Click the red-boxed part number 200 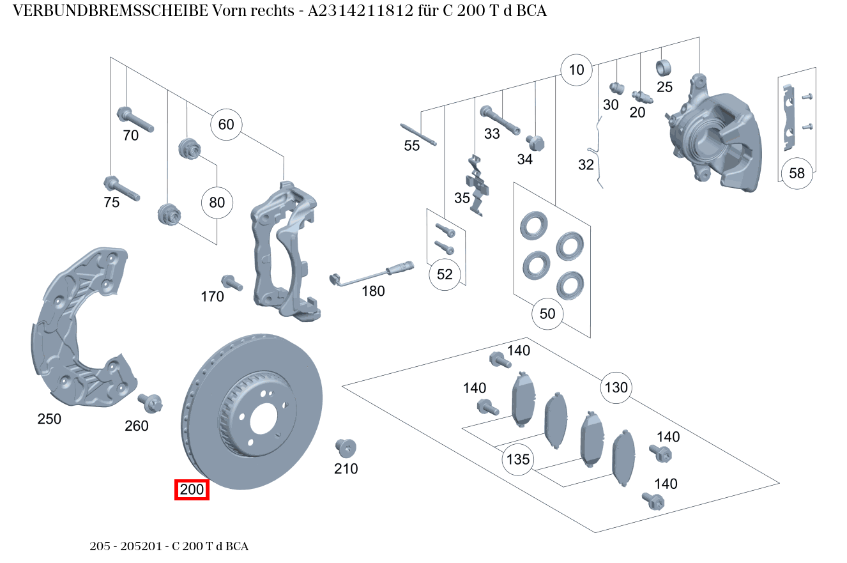tap(192, 490)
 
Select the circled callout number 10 tap(576, 70)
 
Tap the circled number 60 tap(226, 124)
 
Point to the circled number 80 tap(217, 203)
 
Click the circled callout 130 tap(616, 387)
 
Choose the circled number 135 tap(518, 459)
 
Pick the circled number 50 tap(547, 314)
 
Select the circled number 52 tap(445, 274)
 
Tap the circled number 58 tap(797, 173)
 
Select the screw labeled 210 tap(346, 447)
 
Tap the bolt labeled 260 tap(151, 403)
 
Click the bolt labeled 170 tap(231, 282)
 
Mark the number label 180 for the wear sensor tap(373, 291)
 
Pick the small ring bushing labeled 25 tap(665, 67)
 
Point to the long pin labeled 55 tap(419, 134)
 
